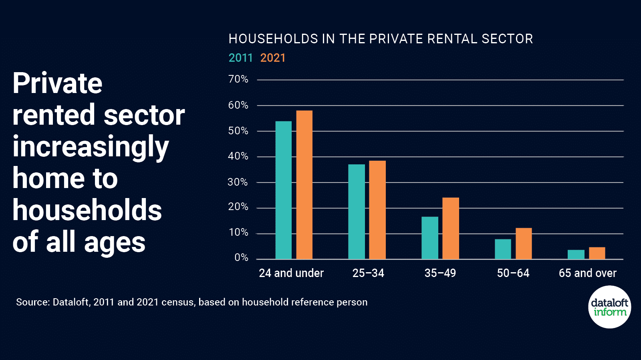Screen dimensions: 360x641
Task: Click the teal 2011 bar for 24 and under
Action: pos(283,190)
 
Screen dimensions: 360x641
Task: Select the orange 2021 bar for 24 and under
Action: pos(304,185)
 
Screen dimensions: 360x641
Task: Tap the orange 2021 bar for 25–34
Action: pos(377,210)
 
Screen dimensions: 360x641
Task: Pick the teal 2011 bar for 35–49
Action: pos(429,238)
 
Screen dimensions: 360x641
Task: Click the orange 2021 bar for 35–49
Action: pos(450,228)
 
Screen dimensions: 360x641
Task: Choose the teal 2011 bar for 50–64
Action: pos(503,249)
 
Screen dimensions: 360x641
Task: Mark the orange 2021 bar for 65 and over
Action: pos(597,253)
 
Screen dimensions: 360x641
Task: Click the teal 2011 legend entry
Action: pos(240,58)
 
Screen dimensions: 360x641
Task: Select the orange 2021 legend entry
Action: pos(273,58)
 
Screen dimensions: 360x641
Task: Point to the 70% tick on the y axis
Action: pos(238,79)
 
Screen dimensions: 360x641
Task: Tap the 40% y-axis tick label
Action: pos(238,156)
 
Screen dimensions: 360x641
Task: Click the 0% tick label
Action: pos(241,258)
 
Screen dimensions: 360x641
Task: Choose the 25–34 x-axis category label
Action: pos(368,273)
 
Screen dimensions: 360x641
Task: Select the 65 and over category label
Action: pos(587,273)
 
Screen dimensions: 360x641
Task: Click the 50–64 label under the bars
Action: pos(513,273)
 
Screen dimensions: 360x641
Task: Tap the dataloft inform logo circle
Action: pos(609,307)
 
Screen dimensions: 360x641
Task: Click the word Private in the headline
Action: pos(57,83)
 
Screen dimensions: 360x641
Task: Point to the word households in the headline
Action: pos(87,210)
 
